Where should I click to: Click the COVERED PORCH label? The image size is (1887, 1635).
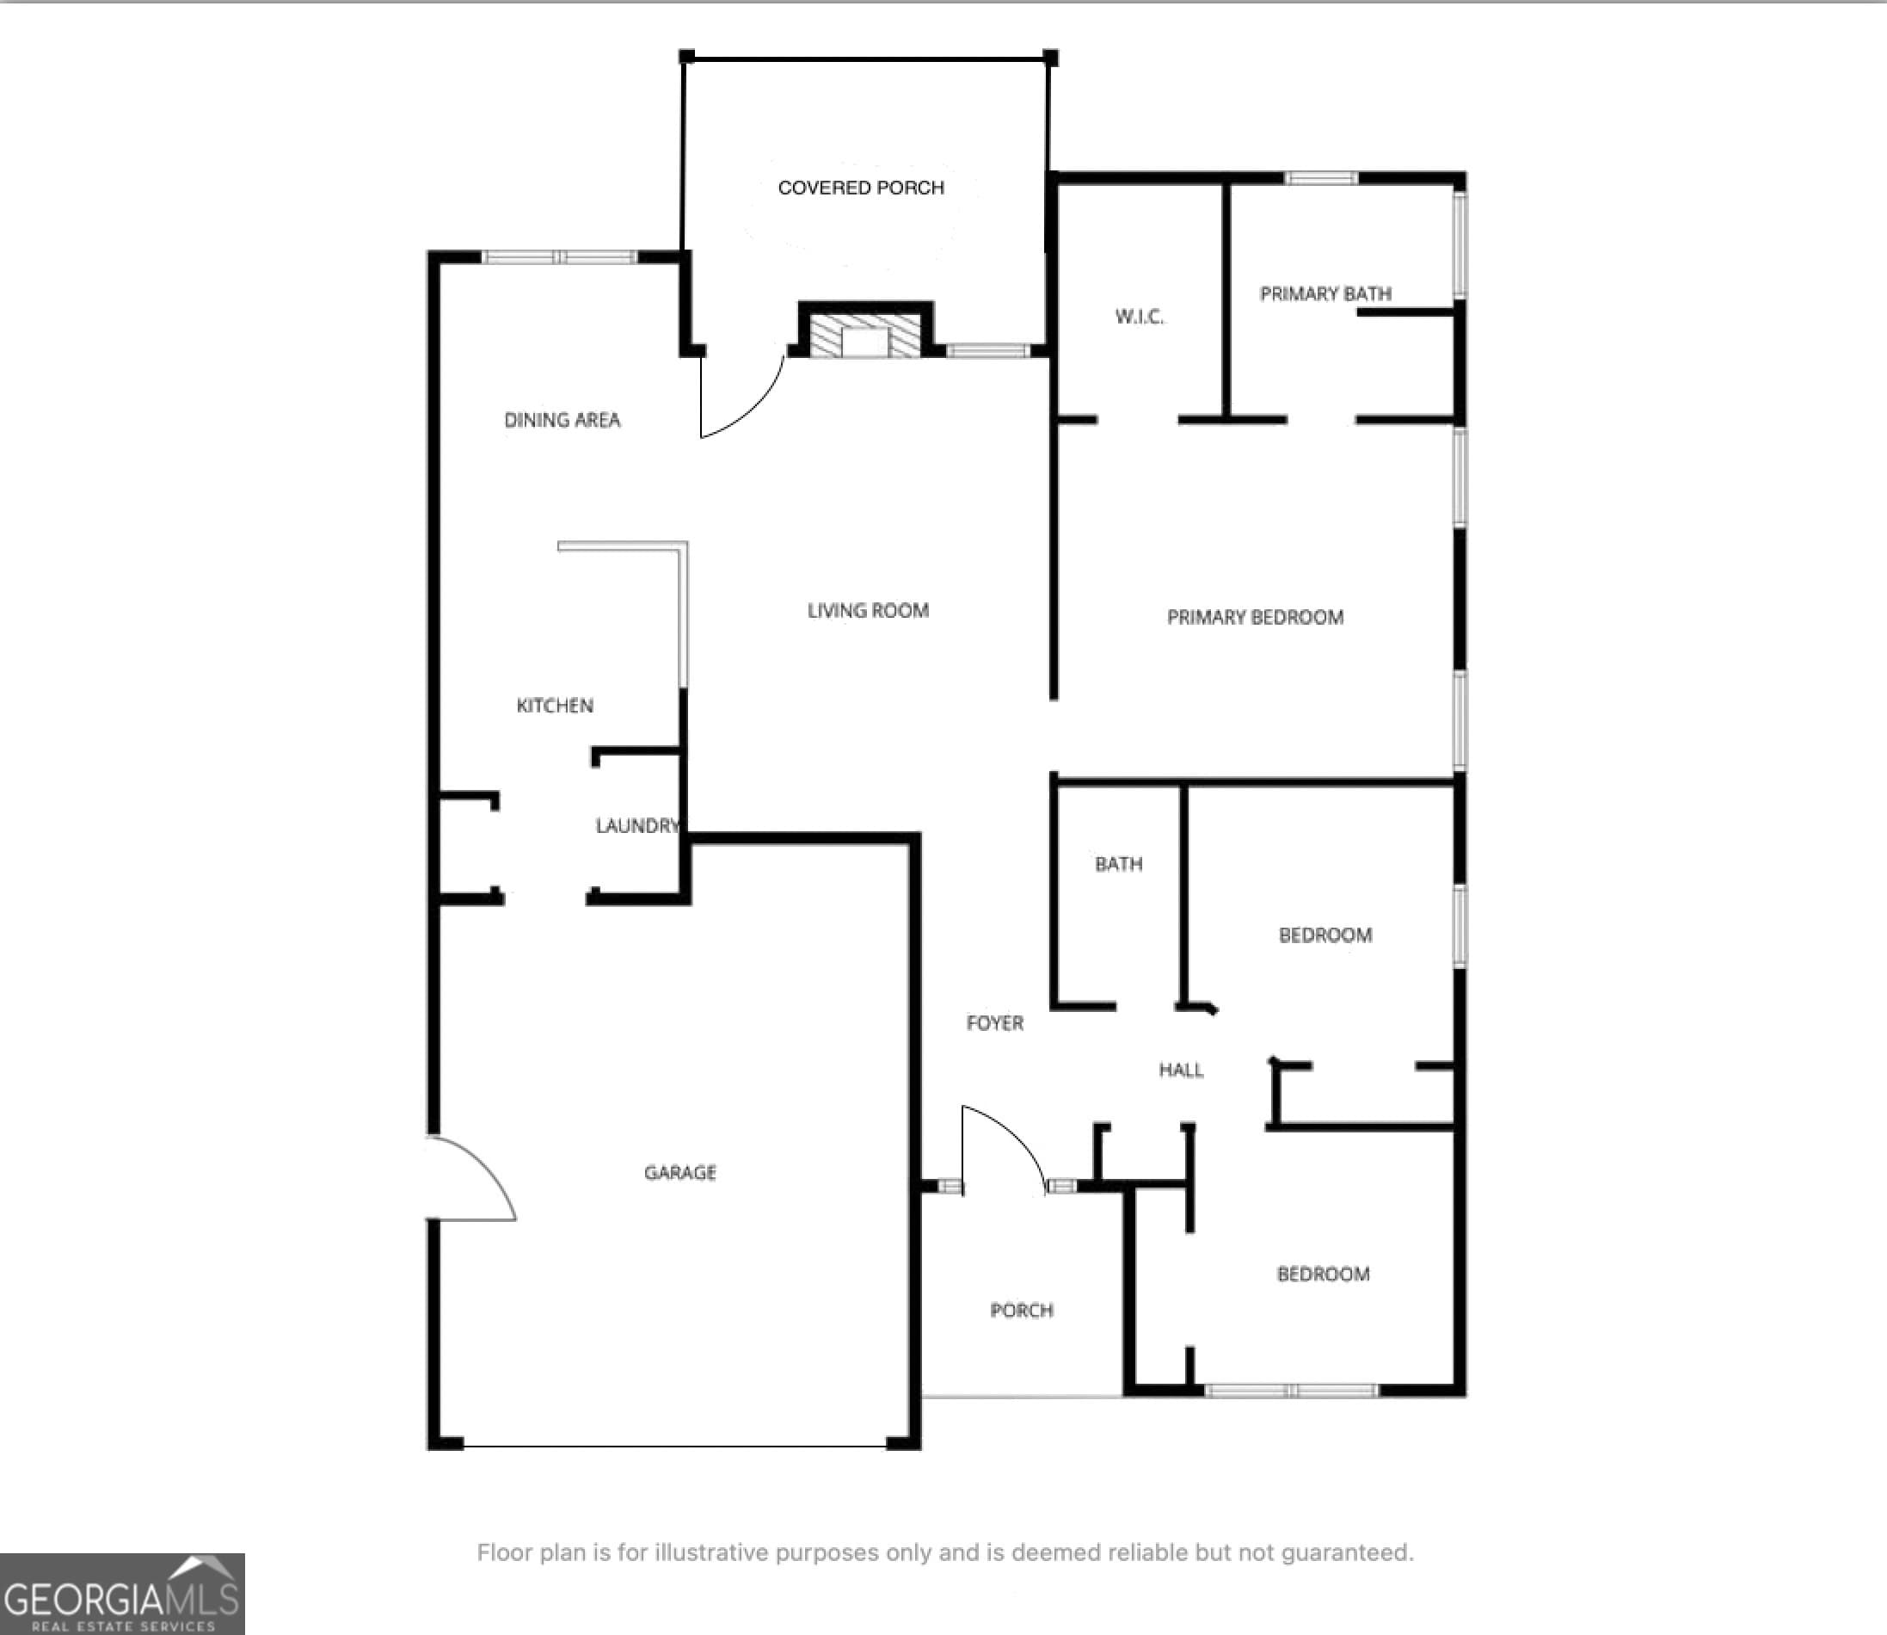tap(860, 188)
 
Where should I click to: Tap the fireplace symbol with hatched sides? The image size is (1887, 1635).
tap(864, 336)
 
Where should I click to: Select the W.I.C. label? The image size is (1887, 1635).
tap(1139, 317)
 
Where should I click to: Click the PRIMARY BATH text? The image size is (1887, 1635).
tap(1325, 293)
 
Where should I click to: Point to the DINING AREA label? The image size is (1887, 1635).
tap(562, 420)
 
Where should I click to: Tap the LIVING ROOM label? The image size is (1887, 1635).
tap(867, 610)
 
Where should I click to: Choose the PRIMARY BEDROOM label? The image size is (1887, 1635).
tap(1255, 618)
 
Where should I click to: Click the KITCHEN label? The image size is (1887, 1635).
tap(555, 706)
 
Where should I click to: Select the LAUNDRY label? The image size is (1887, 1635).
tap(636, 826)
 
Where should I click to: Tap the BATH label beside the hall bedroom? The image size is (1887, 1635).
tap(1118, 864)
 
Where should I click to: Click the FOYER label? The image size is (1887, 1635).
tap(994, 1023)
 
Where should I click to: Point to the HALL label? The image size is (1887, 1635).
tap(1181, 1070)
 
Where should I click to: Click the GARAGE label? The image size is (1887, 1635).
tap(679, 1172)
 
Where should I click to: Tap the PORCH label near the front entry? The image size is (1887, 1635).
tap(1022, 1311)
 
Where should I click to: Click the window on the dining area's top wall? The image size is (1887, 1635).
tap(559, 257)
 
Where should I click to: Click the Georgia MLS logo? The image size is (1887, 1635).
tap(122, 1593)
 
